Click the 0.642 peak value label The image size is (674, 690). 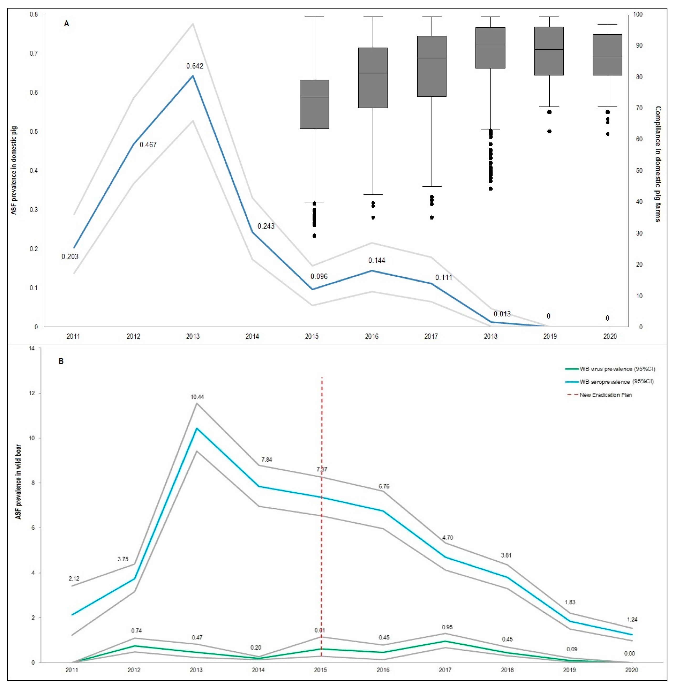pyautogui.click(x=195, y=66)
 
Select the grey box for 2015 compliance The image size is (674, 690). pyautogui.click(x=314, y=104)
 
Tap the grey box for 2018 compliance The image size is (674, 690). pyautogui.click(x=490, y=48)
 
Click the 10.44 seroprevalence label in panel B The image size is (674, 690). pyautogui.click(x=197, y=397)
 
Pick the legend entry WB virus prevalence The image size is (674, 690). pyautogui.click(x=617, y=369)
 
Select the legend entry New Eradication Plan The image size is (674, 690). pyautogui.click(x=605, y=395)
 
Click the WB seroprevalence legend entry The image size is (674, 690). pyautogui.click(x=616, y=382)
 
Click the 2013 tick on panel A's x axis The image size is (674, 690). pyautogui.click(x=193, y=337)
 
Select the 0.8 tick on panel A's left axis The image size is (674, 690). pyautogui.click(x=34, y=15)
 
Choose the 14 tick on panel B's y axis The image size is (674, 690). pyautogui.click(x=32, y=348)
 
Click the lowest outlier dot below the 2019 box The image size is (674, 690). pyautogui.click(x=549, y=131)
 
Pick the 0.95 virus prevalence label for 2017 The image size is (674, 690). pyautogui.click(x=447, y=627)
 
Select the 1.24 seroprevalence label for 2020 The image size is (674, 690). pyautogui.click(x=632, y=620)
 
